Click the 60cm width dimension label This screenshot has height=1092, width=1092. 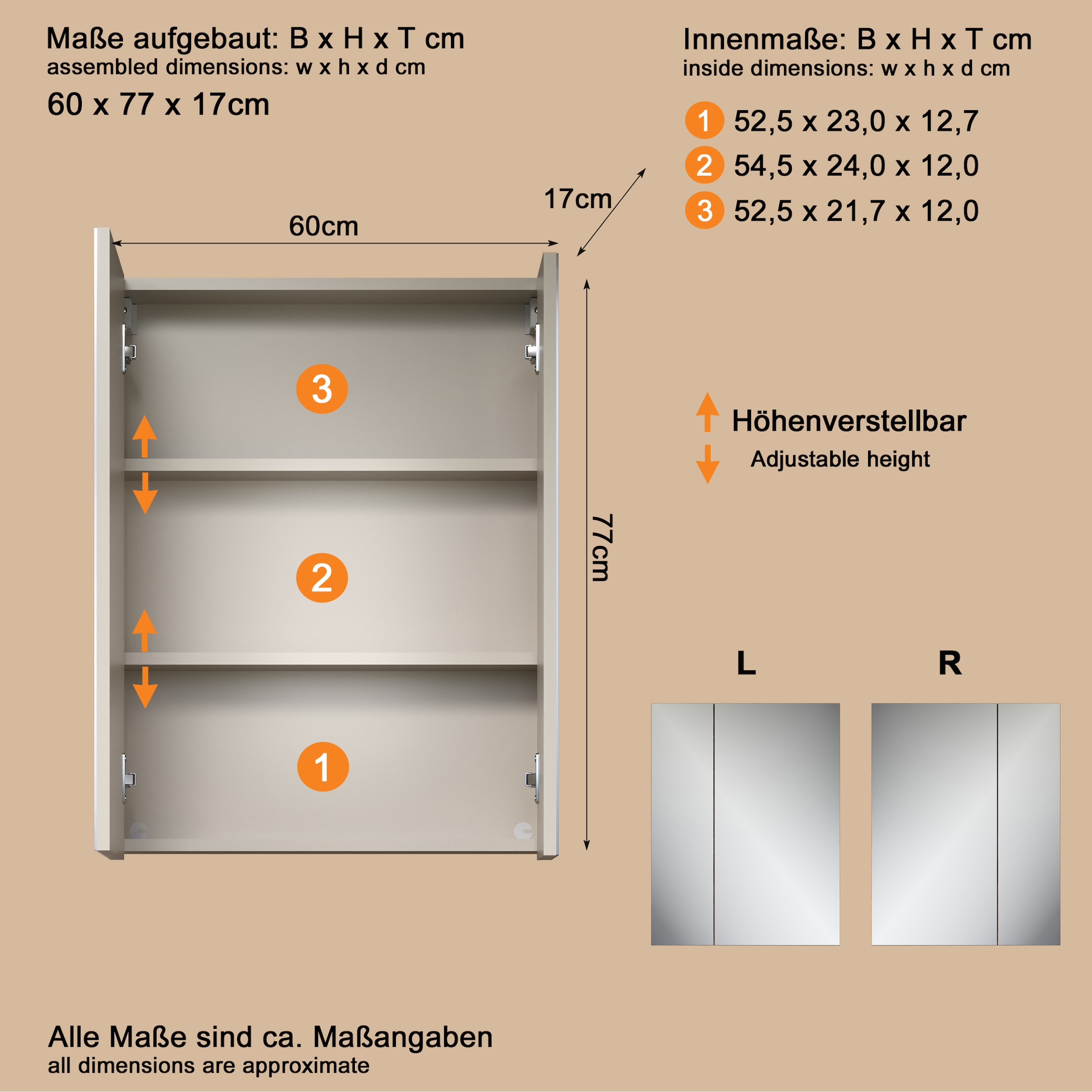(x=324, y=226)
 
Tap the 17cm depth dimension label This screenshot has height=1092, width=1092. (x=577, y=199)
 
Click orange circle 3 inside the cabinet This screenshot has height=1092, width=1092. (x=322, y=389)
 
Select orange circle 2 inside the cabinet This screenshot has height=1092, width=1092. (x=322, y=578)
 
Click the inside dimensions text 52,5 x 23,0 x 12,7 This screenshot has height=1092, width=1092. (x=856, y=121)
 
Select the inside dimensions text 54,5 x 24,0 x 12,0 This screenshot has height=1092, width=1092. (x=856, y=166)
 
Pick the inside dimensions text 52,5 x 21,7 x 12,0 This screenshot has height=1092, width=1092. (x=856, y=211)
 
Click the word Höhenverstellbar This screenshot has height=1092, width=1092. (x=849, y=421)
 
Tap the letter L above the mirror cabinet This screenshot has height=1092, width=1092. (x=746, y=663)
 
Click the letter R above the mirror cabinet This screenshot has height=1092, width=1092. (x=950, y=663)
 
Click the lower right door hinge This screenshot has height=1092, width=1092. (x=532, y=779)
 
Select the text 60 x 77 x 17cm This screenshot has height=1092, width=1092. (x=158, y=105)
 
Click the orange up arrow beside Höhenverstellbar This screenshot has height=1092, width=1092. (x=707, y=411)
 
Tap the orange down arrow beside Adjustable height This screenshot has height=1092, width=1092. (x=707, y=465)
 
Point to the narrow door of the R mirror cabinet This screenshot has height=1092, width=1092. (x=1028, y=824)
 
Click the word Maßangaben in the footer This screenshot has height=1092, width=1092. (x=402, y=1037)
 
